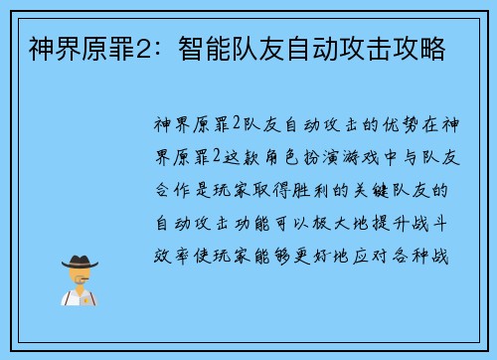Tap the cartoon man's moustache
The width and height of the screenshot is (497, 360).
coord(80,280)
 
